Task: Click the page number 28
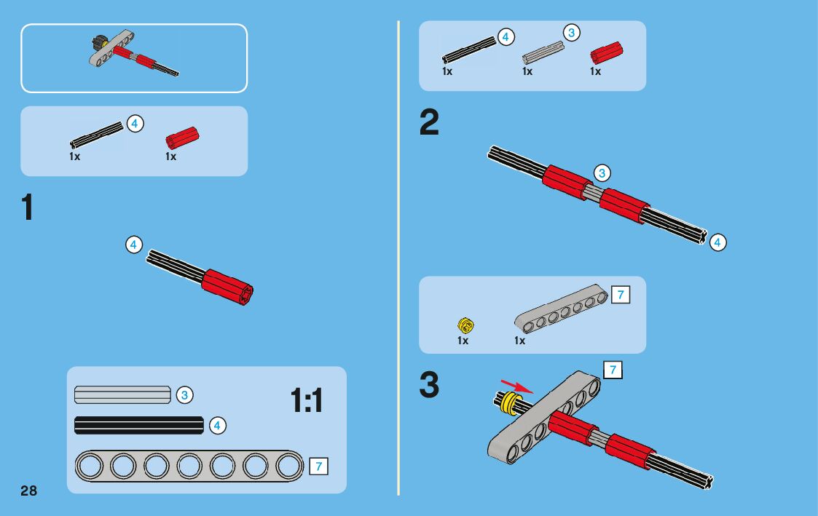coord(28,491)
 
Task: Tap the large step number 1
coord(27,207)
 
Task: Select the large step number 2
coord(429,122)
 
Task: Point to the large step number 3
coord(429,385)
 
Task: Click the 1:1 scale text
coord(307,400)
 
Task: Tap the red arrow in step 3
coord(517,386)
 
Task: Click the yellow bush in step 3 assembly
coord(510,403)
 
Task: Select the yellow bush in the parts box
coord(465,325)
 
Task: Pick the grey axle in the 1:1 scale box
coord(122,394)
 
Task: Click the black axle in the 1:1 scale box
coord(139,425)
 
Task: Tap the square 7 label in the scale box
coord(319,466)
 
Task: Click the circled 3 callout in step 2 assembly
coord(602,173)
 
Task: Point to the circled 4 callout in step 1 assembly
coord(133,245)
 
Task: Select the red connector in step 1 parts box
coord(182,138)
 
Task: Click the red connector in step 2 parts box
coord(606,53)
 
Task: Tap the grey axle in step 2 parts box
coord(543,52)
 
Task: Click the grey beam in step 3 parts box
coord(562,309)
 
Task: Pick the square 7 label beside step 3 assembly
coord(613,370)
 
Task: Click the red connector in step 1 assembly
coord(227,287)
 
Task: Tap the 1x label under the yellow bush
coord(463,341)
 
